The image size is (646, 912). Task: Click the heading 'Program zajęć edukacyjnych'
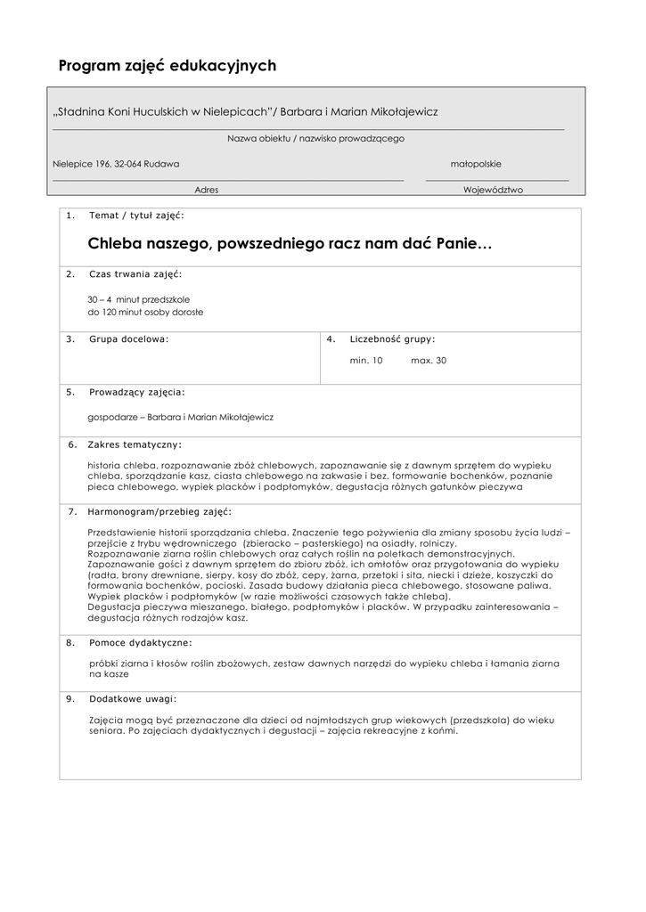coord(168,66)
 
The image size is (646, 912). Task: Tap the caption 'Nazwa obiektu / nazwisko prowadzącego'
coord(315,138)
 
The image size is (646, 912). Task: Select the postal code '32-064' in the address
coord(128,164)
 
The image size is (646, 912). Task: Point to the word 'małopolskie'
coord(476,164)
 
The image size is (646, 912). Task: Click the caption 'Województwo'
coord(493,190)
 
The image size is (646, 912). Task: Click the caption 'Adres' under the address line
coord(206,190)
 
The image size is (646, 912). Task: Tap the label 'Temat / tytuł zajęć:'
coord(137,216)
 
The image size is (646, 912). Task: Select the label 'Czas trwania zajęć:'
coord(135,273)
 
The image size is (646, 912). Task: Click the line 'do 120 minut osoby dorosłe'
coord(145,313)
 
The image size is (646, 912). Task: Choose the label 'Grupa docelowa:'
coord(128,339)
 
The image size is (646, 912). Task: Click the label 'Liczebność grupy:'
coord(393,339)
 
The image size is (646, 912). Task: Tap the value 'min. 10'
coord(366,361)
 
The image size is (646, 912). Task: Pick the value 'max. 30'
coord(429,361)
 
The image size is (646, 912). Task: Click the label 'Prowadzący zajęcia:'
coord(137,392)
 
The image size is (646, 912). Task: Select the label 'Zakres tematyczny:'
coord(135,444)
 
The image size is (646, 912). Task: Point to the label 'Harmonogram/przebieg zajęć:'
coord(159,512)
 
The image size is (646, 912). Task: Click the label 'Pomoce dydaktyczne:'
coord(140,642)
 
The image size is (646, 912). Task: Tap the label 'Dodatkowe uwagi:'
coord(133,699)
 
